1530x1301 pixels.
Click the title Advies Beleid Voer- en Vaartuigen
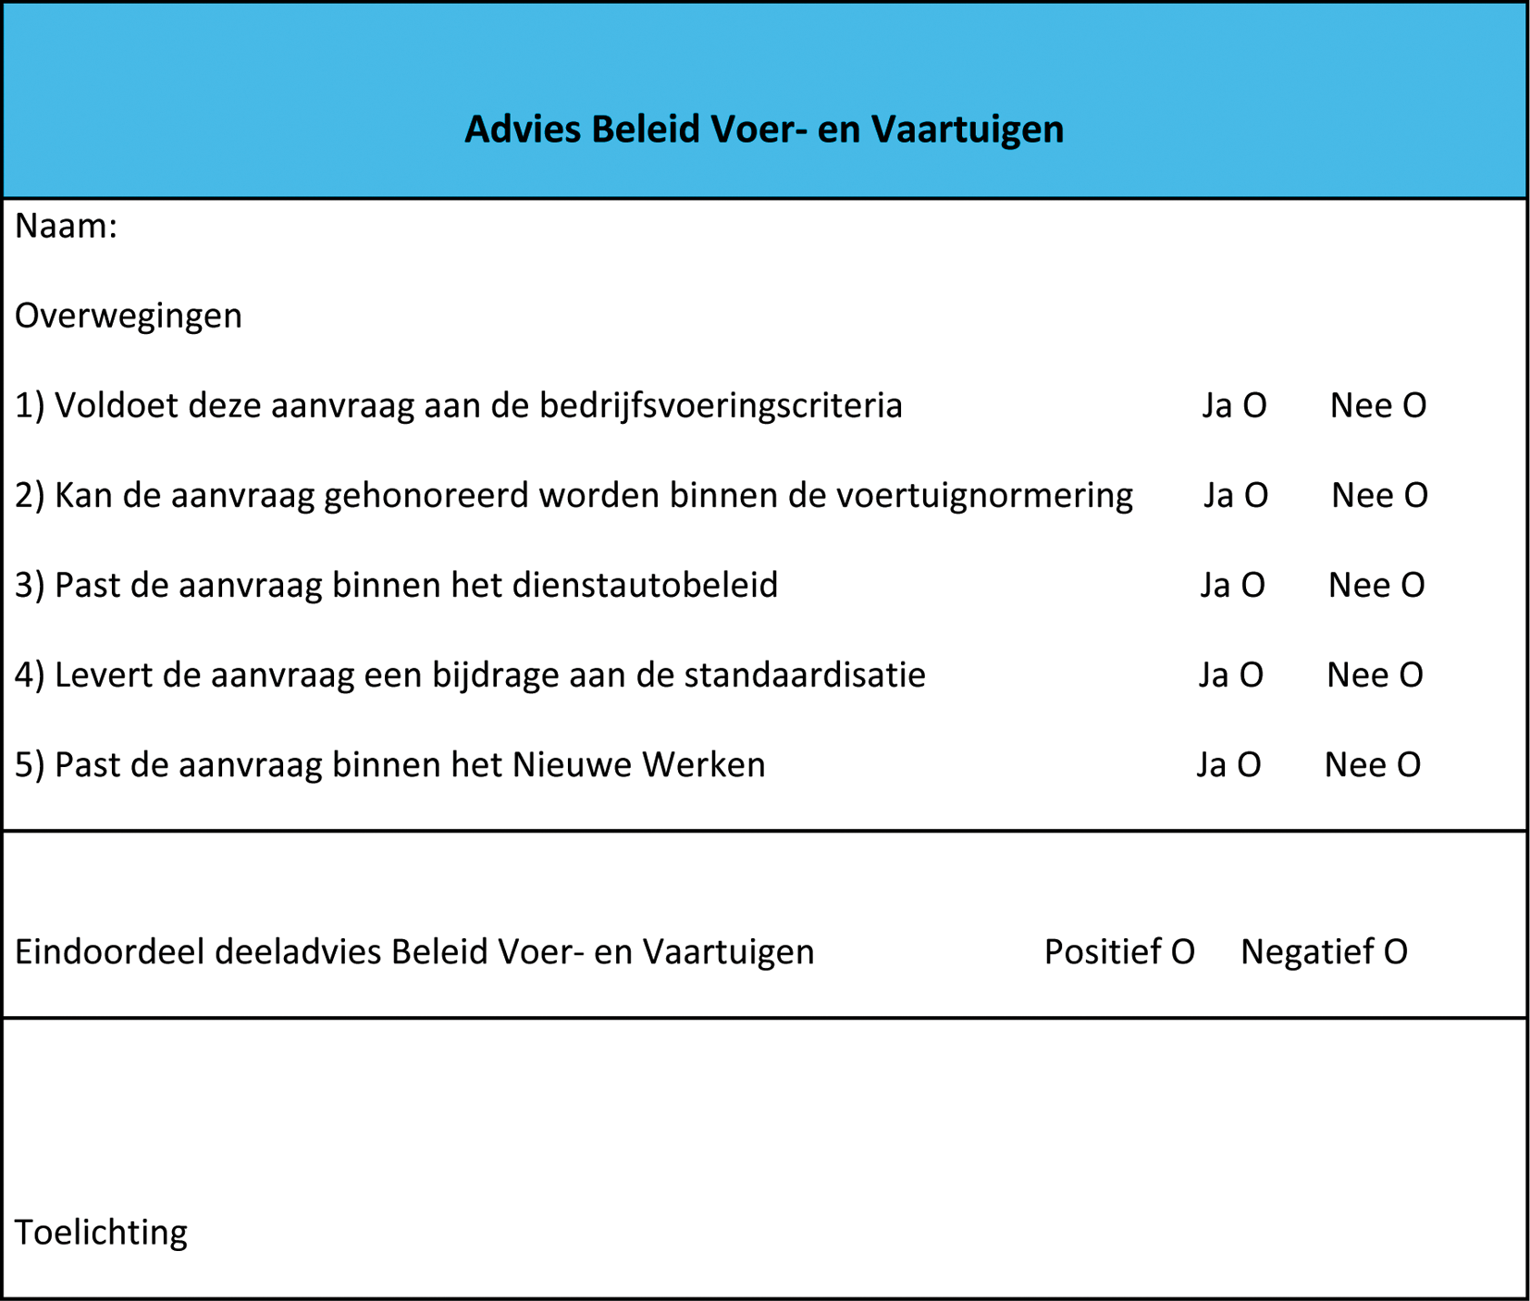point(764,130)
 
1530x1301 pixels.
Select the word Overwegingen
point(129,316)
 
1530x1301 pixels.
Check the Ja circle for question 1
point(1254,406)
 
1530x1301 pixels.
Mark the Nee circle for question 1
point(1414,406)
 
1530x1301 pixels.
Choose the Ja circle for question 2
point(1255,496)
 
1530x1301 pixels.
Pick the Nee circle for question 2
point(1415,496)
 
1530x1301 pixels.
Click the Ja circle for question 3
point(1252,586)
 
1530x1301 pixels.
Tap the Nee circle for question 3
point(1413,586)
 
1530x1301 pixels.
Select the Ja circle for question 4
point(1251,675)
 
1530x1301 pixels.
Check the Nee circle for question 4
point(1411,675)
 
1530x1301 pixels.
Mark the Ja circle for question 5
point(1249,765)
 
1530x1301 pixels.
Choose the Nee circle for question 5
point(1409,765)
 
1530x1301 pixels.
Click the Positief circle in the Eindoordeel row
point(1183,952)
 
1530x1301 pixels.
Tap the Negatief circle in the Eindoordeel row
point(1396,952)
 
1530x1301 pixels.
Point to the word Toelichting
point(102,1233)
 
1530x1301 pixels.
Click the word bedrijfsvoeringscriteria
point(721,406)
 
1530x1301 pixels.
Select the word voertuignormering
point(984,496)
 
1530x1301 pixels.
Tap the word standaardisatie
point(805,675)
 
